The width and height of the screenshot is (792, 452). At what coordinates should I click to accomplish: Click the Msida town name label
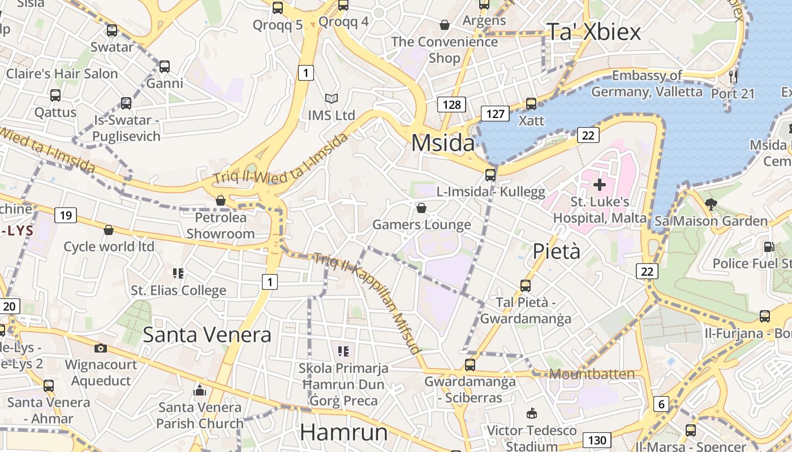pyautogui.click(x=443, y=142)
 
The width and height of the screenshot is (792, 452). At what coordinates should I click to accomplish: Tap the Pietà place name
pyautogui.click(x=557, y=251)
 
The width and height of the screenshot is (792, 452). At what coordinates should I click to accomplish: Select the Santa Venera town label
pyautogui.click(x=207, y=334)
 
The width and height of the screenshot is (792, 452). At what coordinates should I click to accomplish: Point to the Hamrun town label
pyautogui.click(x=344, y=432)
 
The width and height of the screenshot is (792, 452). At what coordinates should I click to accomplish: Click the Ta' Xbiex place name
pyautogui.click(x=593, y=32)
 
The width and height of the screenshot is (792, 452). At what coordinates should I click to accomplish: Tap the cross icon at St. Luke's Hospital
pyautogui.click(x=600, y=184)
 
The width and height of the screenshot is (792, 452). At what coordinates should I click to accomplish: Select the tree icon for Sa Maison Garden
pyautogui.click(x=711, y=204)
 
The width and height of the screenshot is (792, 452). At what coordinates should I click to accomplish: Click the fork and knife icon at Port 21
pyautogui.click(x=733, y=76)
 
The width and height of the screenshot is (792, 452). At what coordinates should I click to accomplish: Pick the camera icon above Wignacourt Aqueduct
pyautogui.click(x=101, y=348)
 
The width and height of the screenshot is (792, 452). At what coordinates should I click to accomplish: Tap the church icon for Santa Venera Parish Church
pyautogui.click(x=199, y=390)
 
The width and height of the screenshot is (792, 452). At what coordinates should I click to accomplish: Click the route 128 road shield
pyautogui.click(x=451, y=105)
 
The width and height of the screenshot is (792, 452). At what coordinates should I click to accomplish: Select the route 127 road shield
pyautogui.click(x=495, y=114)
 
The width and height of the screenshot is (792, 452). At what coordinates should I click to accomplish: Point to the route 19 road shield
pyautogui.click(x=66, y=215)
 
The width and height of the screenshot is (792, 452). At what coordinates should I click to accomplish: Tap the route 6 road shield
pyautogui.click(x=661, y=404)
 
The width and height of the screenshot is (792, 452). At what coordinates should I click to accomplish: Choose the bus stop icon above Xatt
pyautogui.click(x=531, y=104)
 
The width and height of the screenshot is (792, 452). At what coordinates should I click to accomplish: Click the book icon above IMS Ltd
pyautogui.click(x=332, y=99)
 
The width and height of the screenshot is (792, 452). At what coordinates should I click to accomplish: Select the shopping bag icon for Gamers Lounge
pyautogui.click(x=421, y=208)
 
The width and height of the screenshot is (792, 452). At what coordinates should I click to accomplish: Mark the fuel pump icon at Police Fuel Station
pyautogui.click(x=768, y=247)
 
